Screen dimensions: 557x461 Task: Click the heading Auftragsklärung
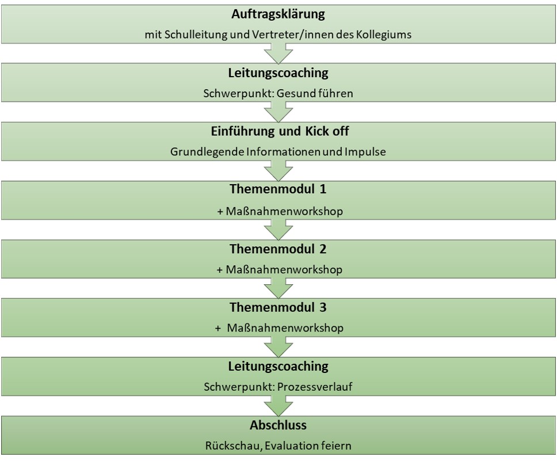tap(278, 14)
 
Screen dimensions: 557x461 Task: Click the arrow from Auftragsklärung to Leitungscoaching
tap(278, 54)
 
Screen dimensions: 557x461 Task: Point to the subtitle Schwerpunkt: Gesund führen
tap(278, 93)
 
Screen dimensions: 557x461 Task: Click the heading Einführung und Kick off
tap(280, 131)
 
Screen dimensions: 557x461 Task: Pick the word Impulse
tap(365, 152)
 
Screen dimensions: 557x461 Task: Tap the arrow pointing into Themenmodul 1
tap(278, 170)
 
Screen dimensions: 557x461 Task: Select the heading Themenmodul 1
tap(278, 189)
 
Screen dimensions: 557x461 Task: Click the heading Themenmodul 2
tap(278, 249)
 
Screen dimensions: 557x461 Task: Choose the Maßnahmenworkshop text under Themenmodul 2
tap(284, 269)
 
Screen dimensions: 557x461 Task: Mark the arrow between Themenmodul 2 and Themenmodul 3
tap(278, 288)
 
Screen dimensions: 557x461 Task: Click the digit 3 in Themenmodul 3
tap(323, 307)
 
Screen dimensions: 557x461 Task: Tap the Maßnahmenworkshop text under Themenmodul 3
tap(285, 327)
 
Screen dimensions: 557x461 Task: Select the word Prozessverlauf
tap(315, 387)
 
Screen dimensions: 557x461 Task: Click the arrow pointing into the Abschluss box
tap(278, 406)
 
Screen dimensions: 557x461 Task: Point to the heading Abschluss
tap(278, 425)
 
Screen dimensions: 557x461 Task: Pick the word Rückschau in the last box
tap(233, 445)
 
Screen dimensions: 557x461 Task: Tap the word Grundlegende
tap(207, 152)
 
